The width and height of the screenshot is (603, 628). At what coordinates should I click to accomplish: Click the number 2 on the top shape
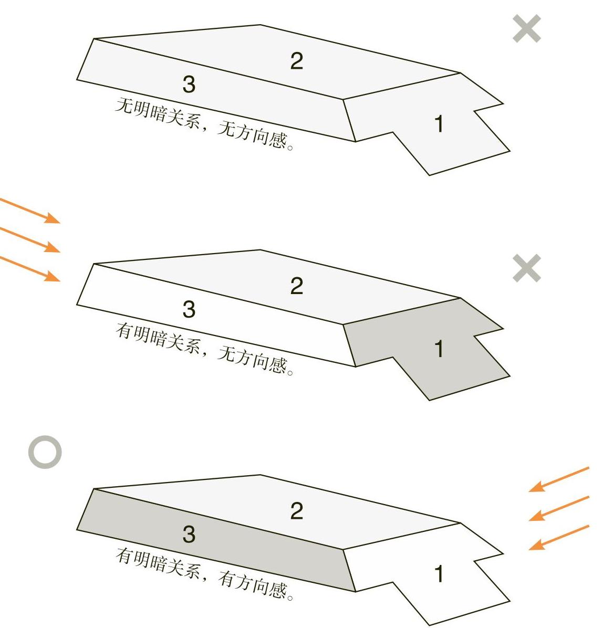(296, 61)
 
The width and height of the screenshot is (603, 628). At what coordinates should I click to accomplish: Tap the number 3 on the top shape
(189, 84)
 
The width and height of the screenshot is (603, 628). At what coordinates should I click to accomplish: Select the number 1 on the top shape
(439, 123)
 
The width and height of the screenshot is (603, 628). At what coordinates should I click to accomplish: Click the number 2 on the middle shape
(296, 286)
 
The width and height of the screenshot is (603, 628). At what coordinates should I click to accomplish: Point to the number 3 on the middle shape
(189, 309)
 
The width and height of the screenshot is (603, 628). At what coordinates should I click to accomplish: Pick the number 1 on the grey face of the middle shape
(439, 349)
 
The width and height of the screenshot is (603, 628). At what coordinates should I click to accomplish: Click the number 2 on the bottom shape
(296, 511)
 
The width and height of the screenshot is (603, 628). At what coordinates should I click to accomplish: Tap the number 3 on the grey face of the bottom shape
(189, 535)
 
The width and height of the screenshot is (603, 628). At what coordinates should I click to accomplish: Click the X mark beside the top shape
(527, 28)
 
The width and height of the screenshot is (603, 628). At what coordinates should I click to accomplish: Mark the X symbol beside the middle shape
(527, 268)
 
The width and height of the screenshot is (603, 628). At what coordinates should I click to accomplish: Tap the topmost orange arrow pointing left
(559, 479)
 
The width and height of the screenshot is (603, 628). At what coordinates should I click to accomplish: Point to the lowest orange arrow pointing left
(559, 538)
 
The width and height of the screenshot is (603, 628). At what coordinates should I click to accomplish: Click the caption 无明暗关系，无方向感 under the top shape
(204, 124)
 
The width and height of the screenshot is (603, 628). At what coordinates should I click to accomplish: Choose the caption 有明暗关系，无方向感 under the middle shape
(204, 349)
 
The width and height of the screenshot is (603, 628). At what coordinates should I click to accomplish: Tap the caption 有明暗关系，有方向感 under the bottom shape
(204, 574)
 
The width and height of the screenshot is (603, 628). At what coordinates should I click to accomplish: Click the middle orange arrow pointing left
(559, 508)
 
